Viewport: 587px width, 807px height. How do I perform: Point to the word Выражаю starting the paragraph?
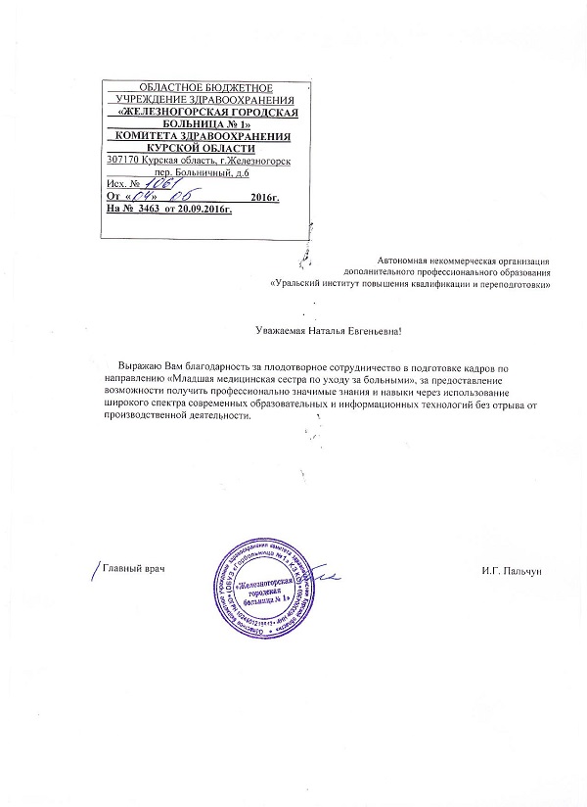click(137, 365)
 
